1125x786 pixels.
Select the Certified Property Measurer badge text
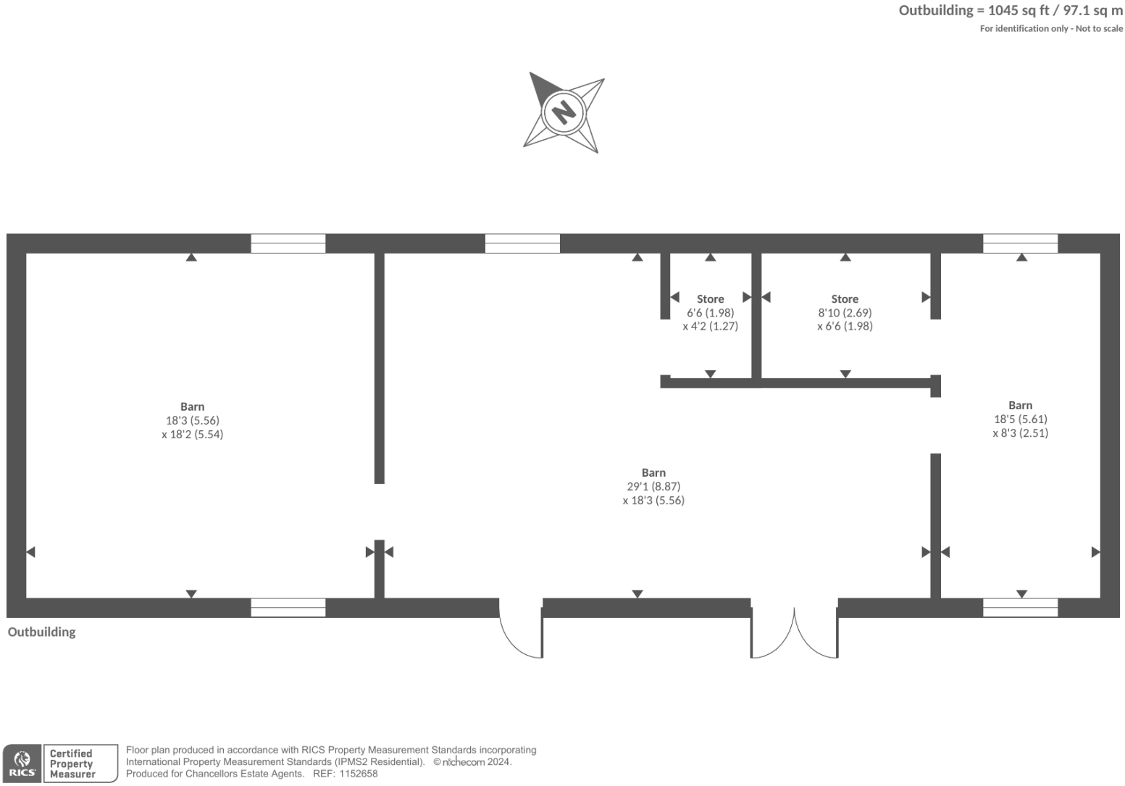[72, 764]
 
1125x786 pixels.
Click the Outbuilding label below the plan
[41, 632]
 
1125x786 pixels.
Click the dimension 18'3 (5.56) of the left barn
[192, 420]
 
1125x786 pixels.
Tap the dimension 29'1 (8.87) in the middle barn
[653, 487]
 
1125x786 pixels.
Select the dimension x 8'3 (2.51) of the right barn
[1020, 433]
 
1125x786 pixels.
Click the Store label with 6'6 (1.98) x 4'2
[710, 299]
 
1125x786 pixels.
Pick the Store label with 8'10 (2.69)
[845, 299]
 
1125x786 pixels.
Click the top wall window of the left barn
[288, 243]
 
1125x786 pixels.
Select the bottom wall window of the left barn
[288, 608]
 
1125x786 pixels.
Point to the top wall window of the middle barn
[522, 243]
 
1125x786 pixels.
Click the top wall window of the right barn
[1020, 243]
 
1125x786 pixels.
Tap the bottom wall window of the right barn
[1020, 608]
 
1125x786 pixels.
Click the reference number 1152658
[356, 774]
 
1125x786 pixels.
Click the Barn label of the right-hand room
[1020, 406]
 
